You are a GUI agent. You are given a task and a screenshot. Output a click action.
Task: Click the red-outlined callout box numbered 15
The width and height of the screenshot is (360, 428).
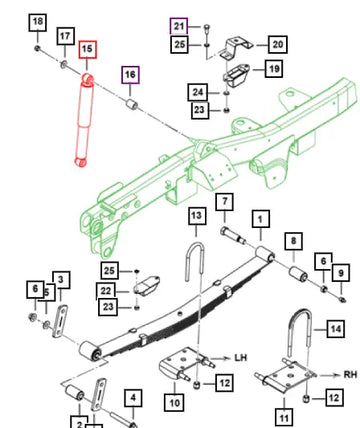(x=88, y=50)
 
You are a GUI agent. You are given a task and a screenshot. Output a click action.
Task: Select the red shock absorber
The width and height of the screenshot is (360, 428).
(x=83, y=120)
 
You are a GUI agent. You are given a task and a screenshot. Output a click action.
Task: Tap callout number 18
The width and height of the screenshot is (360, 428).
(x=37, y=22)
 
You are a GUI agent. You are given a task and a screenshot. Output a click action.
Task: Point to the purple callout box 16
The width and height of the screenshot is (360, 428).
(x=130, y=75)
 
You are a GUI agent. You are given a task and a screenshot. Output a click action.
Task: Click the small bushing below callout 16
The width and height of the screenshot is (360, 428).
(x=132, y=104)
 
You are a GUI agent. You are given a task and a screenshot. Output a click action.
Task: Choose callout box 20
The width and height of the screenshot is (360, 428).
(x=278, y=44)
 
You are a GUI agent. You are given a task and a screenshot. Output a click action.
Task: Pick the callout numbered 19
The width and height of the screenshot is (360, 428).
(x=274, y=69)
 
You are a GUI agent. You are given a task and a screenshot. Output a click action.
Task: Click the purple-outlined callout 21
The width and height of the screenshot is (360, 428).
(x=179, y=26)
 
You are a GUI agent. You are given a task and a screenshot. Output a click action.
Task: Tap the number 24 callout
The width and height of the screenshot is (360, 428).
(x=198, y=92)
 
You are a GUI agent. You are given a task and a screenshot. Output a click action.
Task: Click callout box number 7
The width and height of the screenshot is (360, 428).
(x=225, y=202)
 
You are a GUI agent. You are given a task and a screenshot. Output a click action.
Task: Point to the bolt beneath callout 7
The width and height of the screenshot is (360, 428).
(x=233, y=235)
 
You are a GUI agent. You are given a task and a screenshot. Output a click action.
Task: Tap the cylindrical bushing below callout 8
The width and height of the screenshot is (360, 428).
(x=298, y=273)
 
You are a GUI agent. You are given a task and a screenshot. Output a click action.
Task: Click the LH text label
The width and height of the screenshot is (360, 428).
(x=240, y=358)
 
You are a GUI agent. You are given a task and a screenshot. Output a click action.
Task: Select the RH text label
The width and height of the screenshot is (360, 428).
(x=350, y=374)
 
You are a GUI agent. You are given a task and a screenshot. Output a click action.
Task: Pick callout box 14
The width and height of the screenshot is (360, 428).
(x=335, y=329)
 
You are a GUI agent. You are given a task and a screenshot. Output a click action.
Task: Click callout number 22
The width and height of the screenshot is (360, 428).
(x=106, y=291)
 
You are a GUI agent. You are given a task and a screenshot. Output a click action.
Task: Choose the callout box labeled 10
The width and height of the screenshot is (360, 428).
(x=174, y=402)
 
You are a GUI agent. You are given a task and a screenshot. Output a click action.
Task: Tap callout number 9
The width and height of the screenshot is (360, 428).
(x=341, y=273)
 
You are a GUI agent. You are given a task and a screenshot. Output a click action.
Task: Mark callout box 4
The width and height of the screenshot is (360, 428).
(x=133, y=398)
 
